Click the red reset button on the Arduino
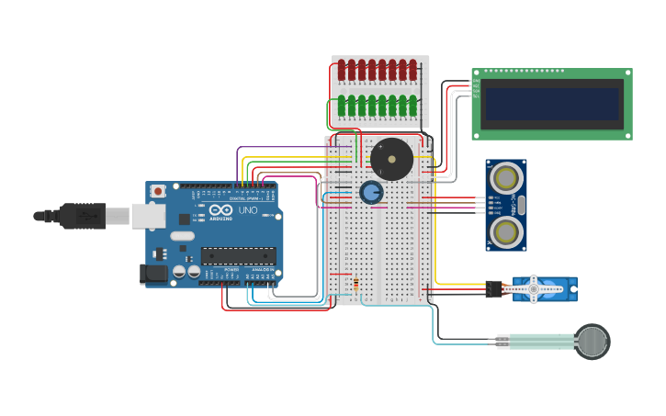click(x=158, y=191)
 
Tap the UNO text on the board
click(x=248, y=210)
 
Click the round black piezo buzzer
click(x=392, y=160)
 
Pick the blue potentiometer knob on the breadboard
click(x=371, y=193)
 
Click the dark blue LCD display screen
click(x=552, y=104)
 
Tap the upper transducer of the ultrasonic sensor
click(x=505, y=177)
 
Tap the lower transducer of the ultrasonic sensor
click(x=505, y=232)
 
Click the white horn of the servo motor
click(x=534, y=289)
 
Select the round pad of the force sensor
click(x=593, y=342)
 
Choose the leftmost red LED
click(x=342, y=70)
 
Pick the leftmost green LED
click(x=342, y=106)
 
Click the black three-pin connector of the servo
click(x=494, y=289)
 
